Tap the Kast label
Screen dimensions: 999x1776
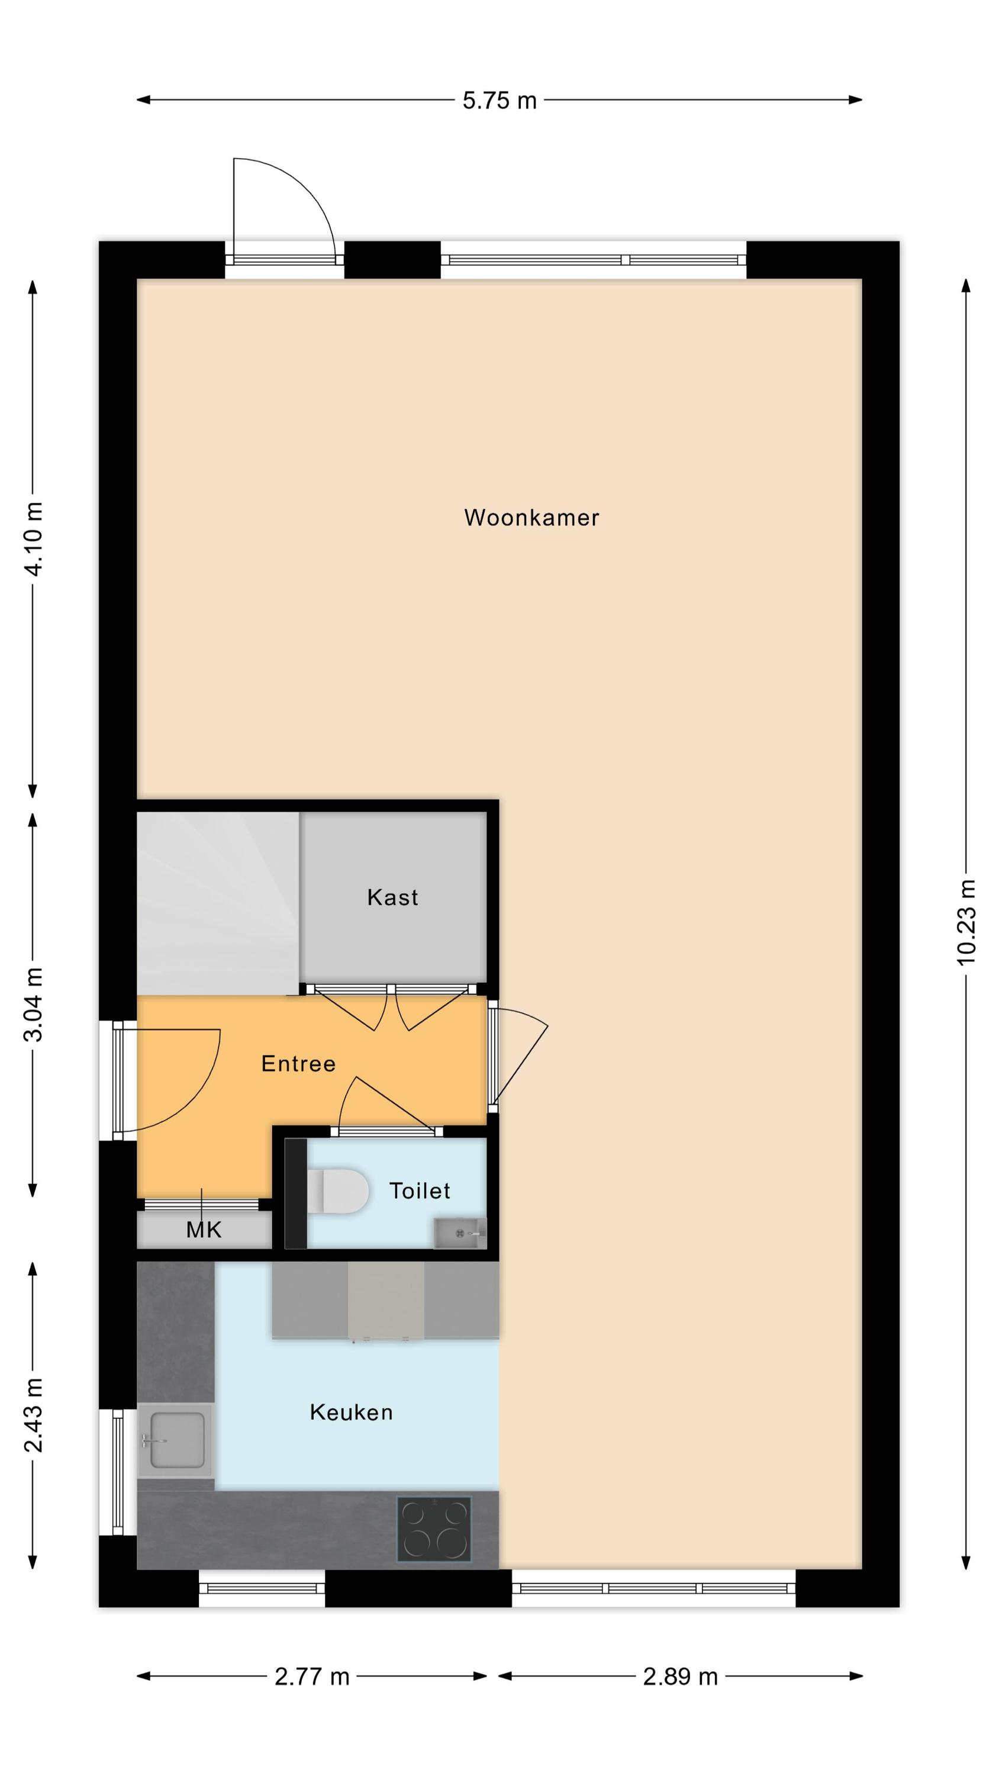392,897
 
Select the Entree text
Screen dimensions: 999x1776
298,1063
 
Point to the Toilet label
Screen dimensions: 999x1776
420,1190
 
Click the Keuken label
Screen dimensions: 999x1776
352,1412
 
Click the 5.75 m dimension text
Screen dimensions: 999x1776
499,101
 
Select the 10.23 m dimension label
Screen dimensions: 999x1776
966,922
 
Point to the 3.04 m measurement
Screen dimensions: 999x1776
33,1004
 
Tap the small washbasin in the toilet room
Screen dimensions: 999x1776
459,1233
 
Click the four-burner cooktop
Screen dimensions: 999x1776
434,1529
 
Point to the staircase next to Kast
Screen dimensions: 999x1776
218,903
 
